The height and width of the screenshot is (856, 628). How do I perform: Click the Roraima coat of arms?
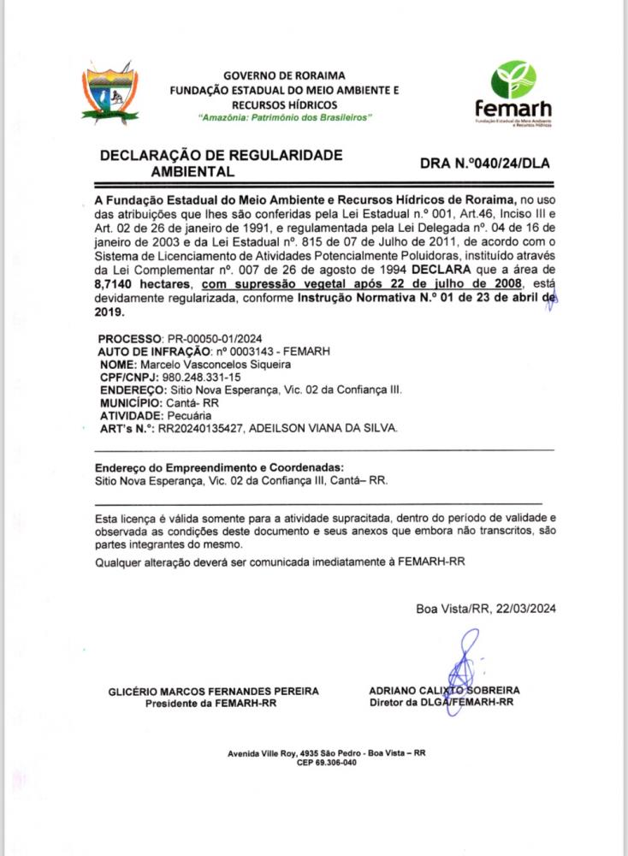point(110,90)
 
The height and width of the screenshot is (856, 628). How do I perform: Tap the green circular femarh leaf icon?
point(512,80)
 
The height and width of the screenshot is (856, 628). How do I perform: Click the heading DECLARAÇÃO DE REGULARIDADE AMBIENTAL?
point(221,163)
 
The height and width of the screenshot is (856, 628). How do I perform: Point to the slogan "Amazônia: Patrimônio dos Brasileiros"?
point(285,116)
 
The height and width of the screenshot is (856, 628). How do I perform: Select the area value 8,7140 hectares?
point(141,282)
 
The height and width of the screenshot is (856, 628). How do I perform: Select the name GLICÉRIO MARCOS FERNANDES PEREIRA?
point(214,691)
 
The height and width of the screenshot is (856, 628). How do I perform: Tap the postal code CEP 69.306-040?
point(326,762)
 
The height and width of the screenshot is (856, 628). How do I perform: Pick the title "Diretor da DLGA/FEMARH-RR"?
point(441,703)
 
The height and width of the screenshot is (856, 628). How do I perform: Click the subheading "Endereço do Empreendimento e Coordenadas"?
point(218,467)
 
